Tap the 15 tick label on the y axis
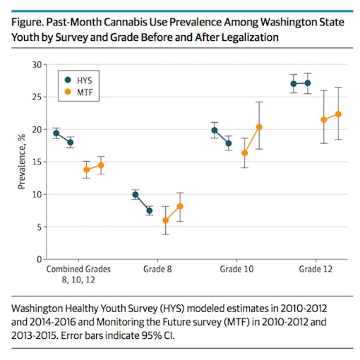[x=36, y=162]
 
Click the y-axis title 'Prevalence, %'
[x=21, y=162]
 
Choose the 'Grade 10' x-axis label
[x=232, y=269]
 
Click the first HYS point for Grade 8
[x=136, y=195]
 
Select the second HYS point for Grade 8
[x=149, y=210]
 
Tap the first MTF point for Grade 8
[x=166, y=220]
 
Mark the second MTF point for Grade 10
[x=259, y=127]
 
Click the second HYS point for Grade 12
[x=308, y=83]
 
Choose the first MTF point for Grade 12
[x=324, y=119]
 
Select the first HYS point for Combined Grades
[x=56, y=133]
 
